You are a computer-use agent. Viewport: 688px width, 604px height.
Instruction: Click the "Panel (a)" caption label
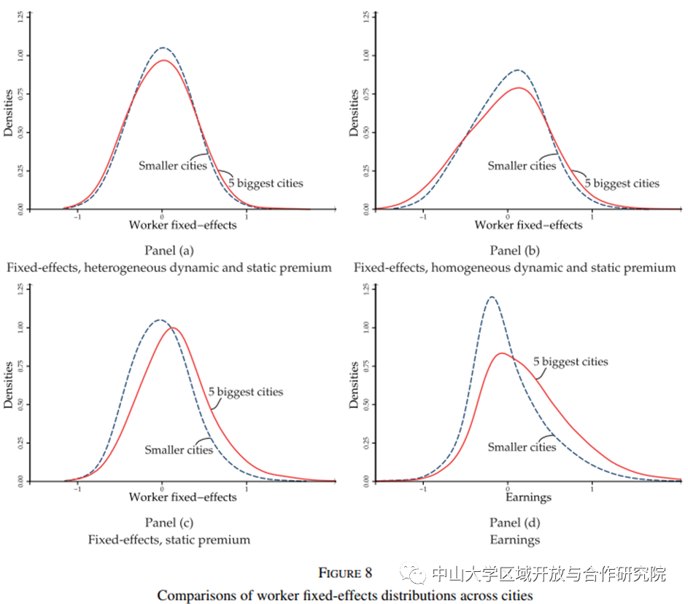tap(168, 251)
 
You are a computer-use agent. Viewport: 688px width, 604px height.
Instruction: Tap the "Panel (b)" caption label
tap(514, 251)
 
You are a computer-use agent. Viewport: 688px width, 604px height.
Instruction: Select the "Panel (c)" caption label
tap(168, 522)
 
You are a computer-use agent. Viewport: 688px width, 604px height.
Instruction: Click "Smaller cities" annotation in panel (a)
tap(173, 166)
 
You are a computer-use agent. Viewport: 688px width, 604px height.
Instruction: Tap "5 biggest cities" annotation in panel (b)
tap(625, 183)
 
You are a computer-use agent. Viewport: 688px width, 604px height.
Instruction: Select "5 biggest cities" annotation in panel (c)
tap(245, 392)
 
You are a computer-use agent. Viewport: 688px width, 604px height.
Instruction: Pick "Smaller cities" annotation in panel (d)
tap(522, 446)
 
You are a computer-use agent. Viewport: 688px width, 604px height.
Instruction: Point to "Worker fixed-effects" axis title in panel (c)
tap(182, 497)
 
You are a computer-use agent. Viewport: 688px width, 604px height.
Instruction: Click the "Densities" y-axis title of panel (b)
tap(355, 113)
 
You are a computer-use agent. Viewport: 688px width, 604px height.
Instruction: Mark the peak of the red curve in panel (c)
tap(174, 328)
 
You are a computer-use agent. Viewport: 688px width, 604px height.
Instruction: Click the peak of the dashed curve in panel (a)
tap(163, 48)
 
